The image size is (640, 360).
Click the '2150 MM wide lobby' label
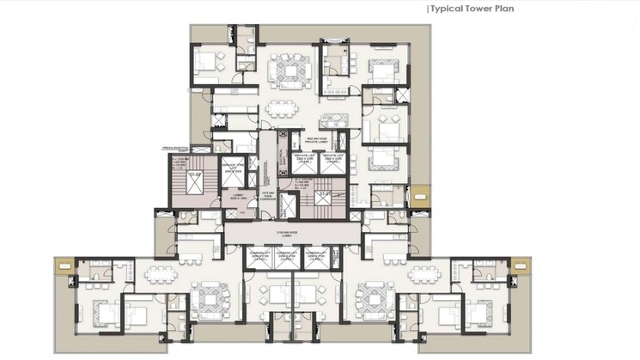pos(284,234)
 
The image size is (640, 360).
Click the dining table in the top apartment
pos(281,109)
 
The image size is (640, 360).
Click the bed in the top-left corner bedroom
pos(208,63)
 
